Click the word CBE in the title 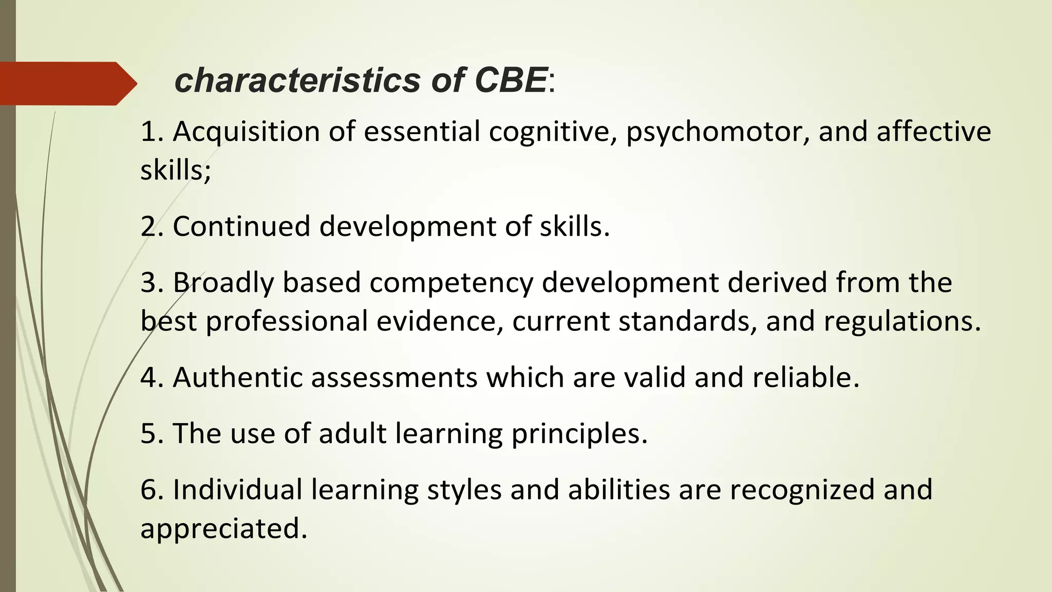511,81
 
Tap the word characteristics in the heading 297,81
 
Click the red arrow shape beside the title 67,83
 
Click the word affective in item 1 933,132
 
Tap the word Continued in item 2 241,227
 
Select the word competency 452,283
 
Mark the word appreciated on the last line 223,529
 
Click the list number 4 148,378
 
